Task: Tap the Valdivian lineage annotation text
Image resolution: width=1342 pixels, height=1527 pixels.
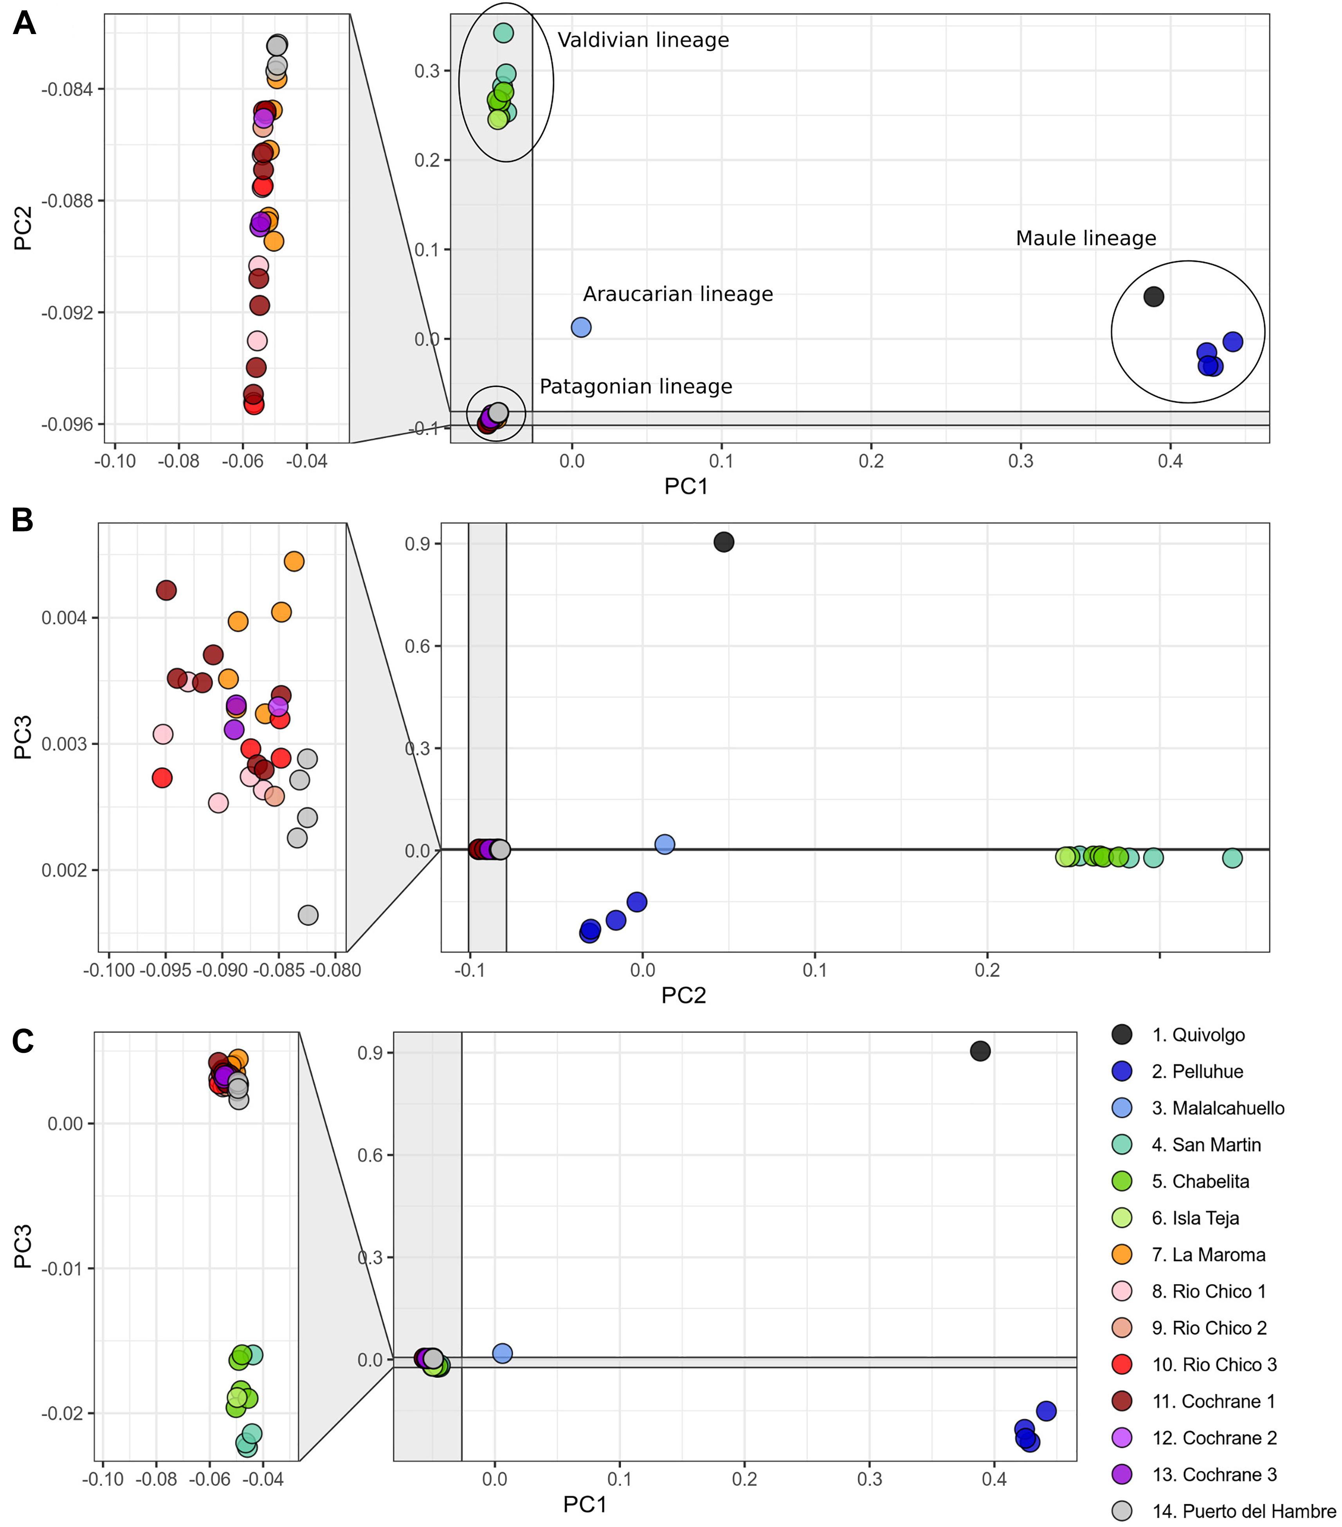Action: click(x=643, y=40)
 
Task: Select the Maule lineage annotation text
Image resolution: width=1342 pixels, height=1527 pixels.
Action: click(x=1085, y=238)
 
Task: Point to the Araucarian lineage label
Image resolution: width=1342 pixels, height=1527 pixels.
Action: click(x=677, y=294)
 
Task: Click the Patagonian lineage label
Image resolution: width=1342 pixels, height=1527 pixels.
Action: click(x=636, y=387)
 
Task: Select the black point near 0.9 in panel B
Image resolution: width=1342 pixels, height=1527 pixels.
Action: click(x=723, y=541)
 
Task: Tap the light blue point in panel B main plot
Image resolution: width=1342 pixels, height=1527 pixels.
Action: click(x=664, y=844)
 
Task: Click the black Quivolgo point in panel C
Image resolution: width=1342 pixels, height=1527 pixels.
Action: click(x=980, y=1051)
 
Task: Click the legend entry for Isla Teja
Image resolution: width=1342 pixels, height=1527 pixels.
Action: click(x=1195, y=1218)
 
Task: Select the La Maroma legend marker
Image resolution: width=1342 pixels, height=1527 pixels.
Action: click(x=1122, y=1255)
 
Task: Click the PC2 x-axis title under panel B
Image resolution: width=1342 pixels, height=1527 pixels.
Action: click(x=683, y=996)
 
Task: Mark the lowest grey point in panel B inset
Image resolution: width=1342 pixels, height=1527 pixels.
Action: click(x=308, y=915)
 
